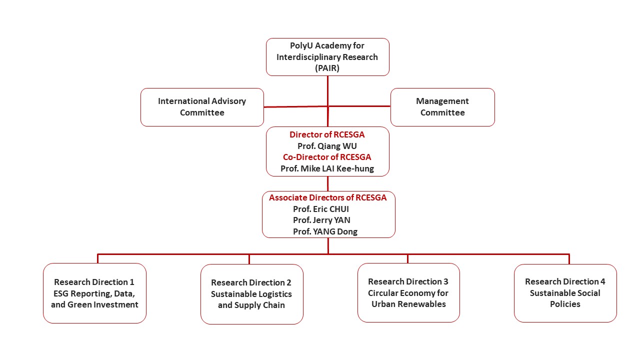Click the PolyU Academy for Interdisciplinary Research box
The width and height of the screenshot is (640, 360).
point(327,56)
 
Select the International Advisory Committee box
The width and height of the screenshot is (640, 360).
point(202,107)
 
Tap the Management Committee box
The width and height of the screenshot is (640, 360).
point(442,107)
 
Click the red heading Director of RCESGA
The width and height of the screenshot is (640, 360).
point(327,134)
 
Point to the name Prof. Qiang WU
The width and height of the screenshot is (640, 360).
point(327,146)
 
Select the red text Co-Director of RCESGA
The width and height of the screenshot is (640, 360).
point(327,157)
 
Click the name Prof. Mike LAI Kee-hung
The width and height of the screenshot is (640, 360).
point(327,168)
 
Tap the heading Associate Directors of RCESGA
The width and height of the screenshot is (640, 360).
point(328,197)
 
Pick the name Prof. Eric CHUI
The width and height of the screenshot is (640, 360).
point(321,209)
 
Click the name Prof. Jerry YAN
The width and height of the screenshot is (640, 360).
point(321,220)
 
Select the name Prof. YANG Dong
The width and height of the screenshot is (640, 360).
point(325,231)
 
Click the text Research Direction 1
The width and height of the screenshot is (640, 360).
point(94,282)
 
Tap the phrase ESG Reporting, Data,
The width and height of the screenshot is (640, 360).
point(94,293)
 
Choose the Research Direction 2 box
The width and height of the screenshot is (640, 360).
point(251,294)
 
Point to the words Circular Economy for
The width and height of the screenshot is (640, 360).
point(408,293)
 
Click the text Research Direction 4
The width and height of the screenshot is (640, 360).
point(565,281)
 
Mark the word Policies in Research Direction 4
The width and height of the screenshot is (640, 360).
point(565,304)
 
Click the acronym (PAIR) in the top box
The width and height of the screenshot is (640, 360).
point(327,68)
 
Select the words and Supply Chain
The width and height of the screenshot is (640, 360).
point(251,305)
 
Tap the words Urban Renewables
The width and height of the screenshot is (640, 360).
point(408,304)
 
